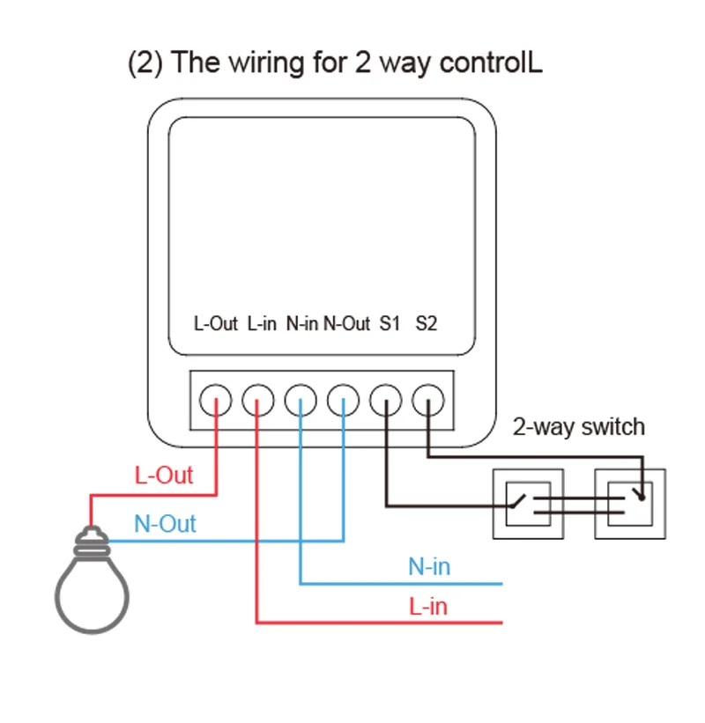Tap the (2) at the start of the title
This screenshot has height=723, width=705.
[146, 63]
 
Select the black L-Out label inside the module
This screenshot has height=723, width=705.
[216, 323]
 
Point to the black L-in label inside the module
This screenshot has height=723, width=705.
[263, 323]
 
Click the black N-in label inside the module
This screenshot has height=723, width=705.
[301, 323]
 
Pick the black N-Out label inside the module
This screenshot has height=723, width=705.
[346, 323]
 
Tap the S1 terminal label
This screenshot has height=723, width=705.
[390, 323]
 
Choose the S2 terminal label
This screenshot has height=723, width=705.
[427, 323]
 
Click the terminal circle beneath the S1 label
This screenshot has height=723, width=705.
[386, 401]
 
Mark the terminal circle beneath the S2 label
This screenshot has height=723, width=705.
[427, 401]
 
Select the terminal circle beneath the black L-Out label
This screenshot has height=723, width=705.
[216, 401]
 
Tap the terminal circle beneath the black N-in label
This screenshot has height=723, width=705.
[301, 401]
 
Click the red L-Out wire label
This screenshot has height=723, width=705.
[163, 476]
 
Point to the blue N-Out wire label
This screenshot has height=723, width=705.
[165, 524]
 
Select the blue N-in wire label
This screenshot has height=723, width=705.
[429, 566]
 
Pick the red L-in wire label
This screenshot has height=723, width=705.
[428, 607]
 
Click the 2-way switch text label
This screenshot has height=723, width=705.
[579, 427]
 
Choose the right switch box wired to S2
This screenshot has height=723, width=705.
[630, 504]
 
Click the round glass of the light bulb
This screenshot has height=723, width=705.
[93, 594]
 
